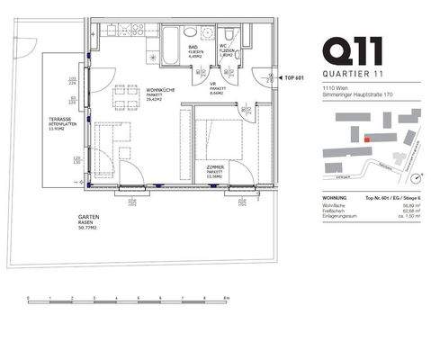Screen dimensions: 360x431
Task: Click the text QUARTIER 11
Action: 355,71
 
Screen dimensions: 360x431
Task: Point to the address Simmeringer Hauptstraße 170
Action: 353,93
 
